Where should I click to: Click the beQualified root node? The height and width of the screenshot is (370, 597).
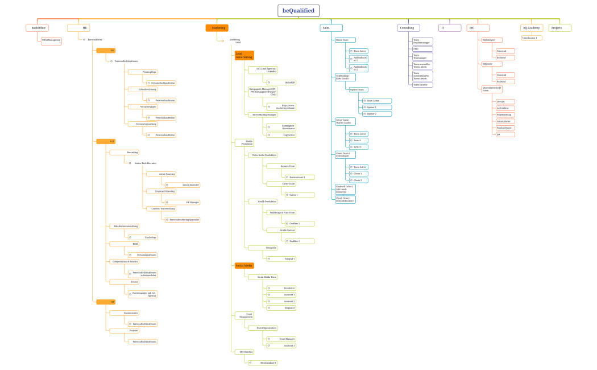298,11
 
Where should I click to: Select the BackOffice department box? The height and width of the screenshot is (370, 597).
37,28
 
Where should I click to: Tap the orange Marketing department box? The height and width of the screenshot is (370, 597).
217,28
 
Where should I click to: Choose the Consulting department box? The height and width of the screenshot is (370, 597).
408,28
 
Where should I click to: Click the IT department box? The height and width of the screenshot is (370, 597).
450,28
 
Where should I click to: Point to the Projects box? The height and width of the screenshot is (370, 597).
559,28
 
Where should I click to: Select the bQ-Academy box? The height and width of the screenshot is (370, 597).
532,28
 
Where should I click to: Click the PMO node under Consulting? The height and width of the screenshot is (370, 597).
422,49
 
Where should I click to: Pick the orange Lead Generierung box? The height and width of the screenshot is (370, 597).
244,55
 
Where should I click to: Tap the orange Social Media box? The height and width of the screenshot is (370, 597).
244,266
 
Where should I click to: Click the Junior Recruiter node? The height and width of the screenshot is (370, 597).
182,185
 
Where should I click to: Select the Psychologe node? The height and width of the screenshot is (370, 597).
142,237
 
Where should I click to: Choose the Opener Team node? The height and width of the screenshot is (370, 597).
359,89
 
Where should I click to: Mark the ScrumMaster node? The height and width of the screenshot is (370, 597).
505,121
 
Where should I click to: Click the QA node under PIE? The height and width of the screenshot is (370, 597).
505,134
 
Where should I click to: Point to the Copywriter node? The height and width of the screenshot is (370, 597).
281,135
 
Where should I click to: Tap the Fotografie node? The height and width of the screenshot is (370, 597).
262,248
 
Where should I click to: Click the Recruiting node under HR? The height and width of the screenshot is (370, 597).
124,153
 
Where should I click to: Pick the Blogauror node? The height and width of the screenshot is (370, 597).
281,308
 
